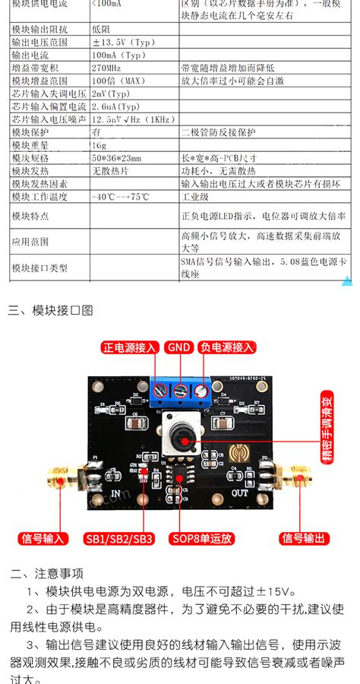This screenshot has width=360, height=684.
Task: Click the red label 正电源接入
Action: coord(130,347)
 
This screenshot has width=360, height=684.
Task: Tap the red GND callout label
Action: coord(179,347)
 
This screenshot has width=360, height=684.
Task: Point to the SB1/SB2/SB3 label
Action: coord(120,539)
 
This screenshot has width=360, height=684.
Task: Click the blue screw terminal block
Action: coord(180,391)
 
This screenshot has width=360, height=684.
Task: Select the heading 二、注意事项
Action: coord(47,573)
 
